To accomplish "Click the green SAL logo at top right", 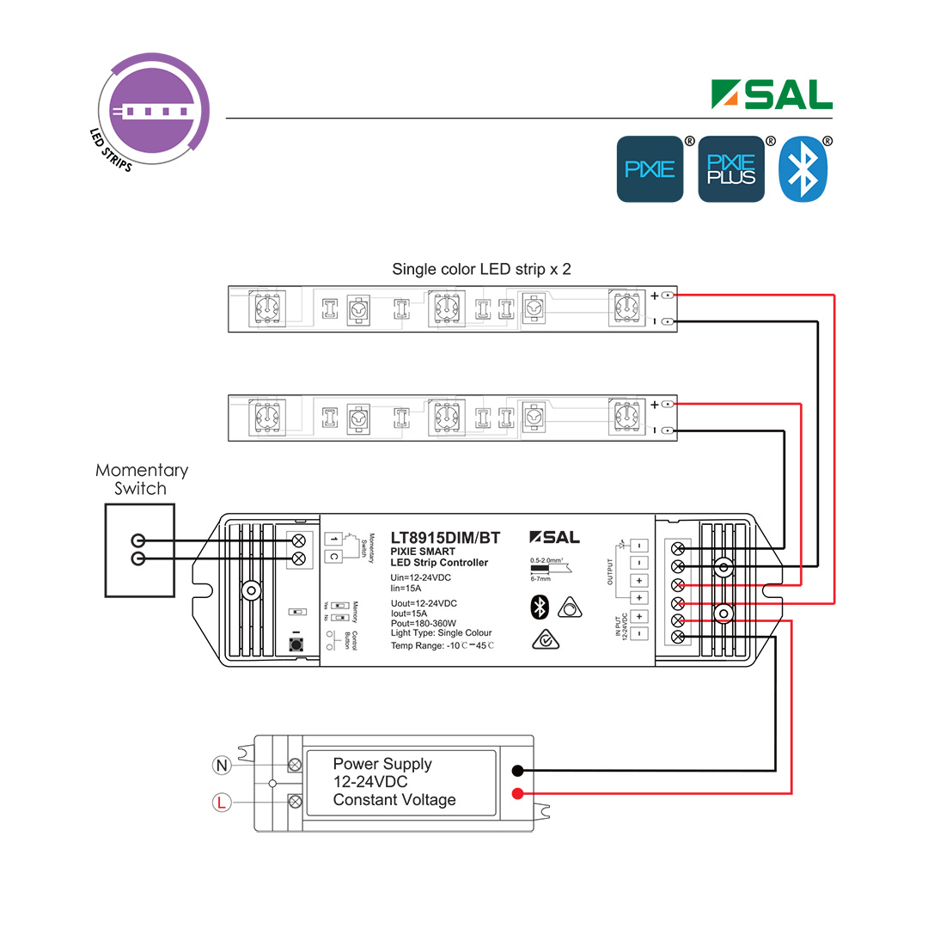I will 772,95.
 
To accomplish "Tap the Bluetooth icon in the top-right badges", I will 803,169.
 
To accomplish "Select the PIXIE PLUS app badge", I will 730,169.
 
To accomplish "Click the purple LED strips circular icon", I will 154,110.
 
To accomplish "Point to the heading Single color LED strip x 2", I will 481,269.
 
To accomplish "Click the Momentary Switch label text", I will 141,479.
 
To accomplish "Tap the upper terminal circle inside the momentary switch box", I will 137,540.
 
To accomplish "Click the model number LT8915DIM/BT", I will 444,538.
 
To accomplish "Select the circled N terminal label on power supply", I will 221,764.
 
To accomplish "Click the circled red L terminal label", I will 221,803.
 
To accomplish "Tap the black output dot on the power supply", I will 518,772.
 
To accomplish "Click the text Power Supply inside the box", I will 382,764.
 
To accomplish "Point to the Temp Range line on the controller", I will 443,645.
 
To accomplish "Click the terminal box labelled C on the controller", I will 333,557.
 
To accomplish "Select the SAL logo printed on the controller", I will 554,537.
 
